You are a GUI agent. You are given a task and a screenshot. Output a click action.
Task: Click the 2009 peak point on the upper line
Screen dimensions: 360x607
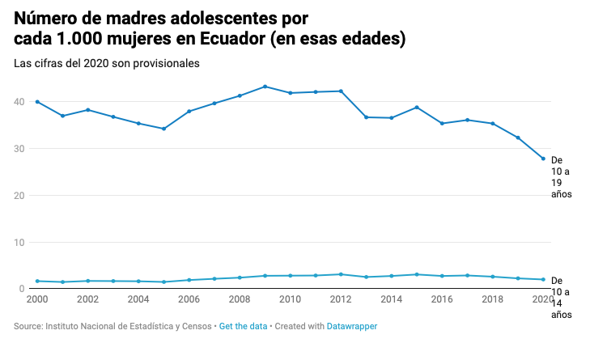(265, 87)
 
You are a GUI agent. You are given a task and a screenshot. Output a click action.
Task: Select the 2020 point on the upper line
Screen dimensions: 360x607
(543, 159)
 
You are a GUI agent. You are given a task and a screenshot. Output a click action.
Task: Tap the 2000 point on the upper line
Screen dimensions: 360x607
(37, 102)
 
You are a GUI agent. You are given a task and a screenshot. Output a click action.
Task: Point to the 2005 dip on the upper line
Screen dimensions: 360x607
(163, 129)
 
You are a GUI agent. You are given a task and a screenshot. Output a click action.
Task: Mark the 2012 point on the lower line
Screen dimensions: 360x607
(341, 274)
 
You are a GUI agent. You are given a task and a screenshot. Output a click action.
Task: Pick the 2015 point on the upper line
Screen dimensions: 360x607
(417, 108)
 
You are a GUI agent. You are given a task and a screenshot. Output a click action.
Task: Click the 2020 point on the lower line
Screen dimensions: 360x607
(543, 280)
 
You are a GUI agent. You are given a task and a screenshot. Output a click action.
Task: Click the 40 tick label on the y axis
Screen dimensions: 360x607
(19, 102)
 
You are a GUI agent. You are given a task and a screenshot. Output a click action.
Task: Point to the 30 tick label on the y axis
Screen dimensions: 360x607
(19, 149)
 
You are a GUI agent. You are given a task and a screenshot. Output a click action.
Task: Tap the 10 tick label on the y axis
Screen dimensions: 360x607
(19, 243)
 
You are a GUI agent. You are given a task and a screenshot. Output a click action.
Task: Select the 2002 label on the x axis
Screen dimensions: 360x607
(87, 299)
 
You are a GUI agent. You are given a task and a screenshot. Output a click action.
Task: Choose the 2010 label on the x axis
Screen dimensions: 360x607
(290, 299)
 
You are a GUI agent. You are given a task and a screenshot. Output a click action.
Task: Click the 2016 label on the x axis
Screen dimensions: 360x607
(442, 299)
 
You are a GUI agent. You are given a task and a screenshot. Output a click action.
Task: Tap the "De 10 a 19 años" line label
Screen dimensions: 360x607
(562, 177)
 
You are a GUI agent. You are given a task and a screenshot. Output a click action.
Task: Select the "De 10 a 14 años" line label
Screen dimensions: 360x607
(562, 298)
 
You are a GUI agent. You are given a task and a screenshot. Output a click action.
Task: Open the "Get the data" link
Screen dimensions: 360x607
(243, 327)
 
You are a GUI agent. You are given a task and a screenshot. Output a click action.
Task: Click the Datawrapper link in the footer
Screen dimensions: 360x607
(351, 327)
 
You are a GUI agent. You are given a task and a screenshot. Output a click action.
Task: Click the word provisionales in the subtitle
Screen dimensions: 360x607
(165, 63)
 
